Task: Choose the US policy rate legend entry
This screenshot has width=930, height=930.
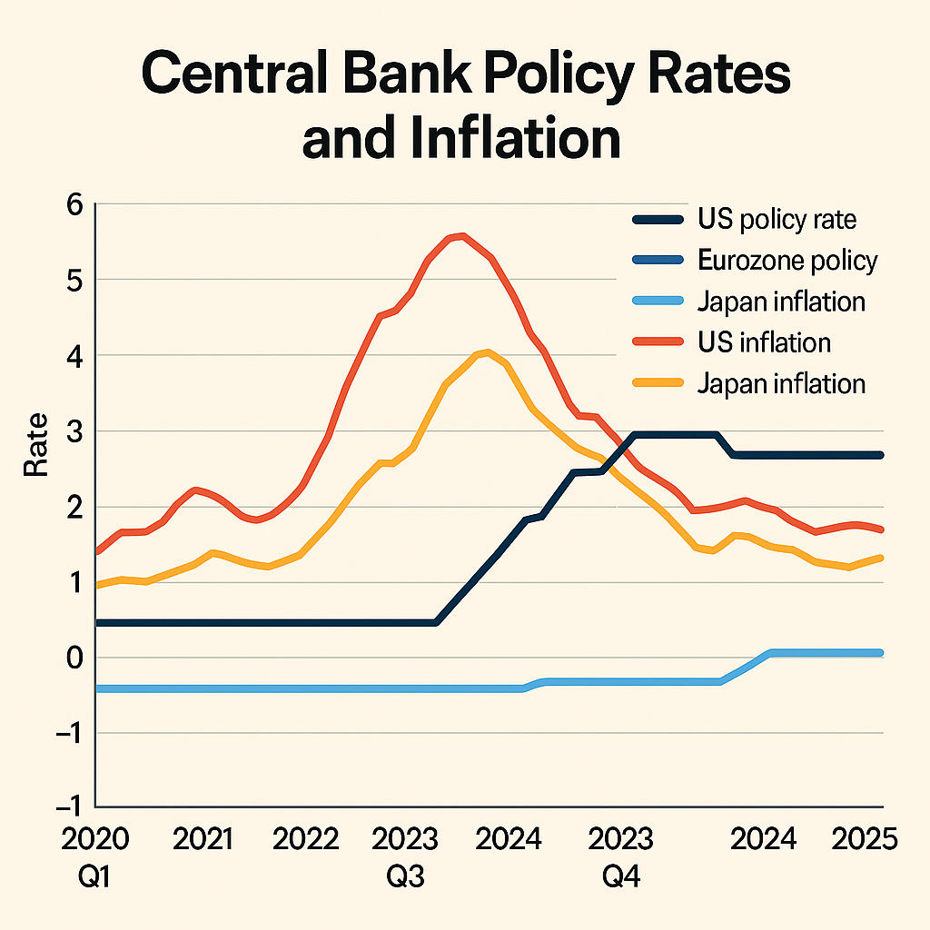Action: (x=777, y=219)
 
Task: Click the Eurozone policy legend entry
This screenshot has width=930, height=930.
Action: (x=787, y=261)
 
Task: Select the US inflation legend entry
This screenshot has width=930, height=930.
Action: (x=764, y=342)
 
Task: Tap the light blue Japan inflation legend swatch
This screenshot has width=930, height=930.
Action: (x=657, y=302)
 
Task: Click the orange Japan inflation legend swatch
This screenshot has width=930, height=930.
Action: (x=657, y=383)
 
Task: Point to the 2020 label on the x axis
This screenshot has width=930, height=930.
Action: (x=95, y=838)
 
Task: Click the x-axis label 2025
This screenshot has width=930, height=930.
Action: (x=864, y=838)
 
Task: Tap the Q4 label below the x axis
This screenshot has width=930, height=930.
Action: (x=621, y=878)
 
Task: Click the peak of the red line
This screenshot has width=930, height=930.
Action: (x=462, y=236)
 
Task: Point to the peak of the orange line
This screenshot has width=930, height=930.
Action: (x=487, y=352)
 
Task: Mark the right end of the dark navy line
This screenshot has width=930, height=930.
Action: (x=881, y=455)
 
